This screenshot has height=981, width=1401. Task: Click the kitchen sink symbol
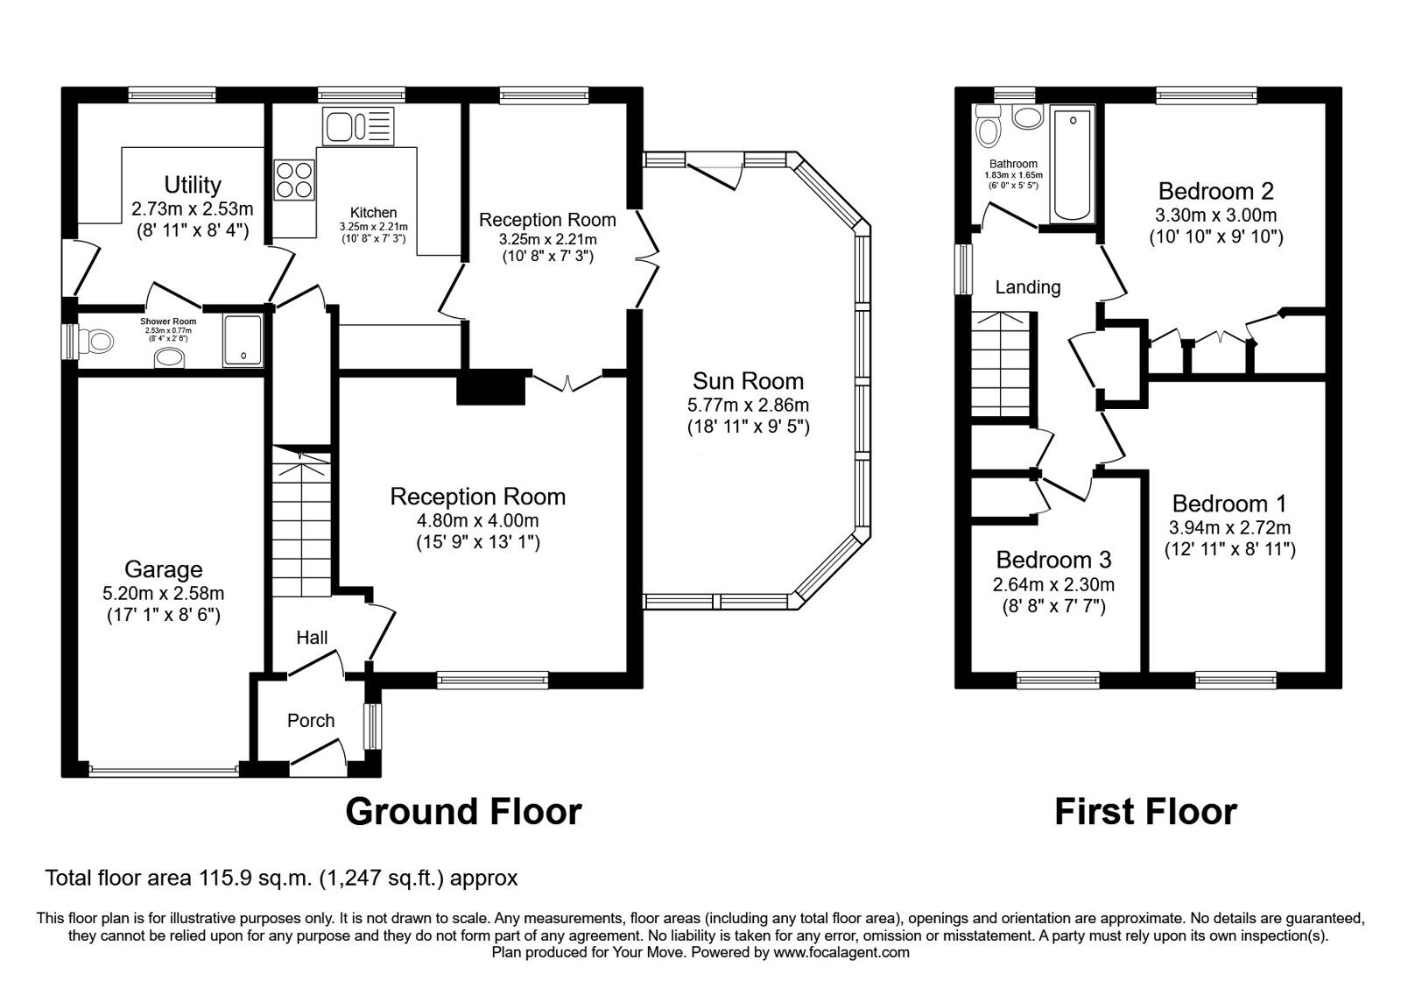tap(358, 126)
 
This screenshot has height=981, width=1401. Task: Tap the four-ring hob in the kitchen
tap(294, 180)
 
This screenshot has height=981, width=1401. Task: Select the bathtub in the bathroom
tap(1073, 164)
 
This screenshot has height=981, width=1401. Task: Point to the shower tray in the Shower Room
tap(243, 341)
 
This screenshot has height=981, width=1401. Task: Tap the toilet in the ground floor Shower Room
tap(96, 342)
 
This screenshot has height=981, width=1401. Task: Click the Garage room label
tap(163, 569)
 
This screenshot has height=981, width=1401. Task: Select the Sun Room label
tap(748, 381)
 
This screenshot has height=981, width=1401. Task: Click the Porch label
tap(311, 721)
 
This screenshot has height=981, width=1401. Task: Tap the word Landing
tap(1028, 287)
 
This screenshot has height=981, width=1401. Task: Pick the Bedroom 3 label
tap(1054, 560)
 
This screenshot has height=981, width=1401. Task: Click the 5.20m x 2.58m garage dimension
tap(163, 592)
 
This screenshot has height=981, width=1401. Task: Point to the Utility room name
tap(193, 185)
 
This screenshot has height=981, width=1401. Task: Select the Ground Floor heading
tap(463, 811)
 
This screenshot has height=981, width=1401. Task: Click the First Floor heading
tap(1146, 811)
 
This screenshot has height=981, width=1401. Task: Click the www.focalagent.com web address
tap(841, 953)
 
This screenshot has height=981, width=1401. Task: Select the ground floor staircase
tap(301, 521)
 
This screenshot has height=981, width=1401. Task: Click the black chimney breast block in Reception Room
tap(490, 387)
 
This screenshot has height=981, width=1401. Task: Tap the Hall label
tap(312, 638)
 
